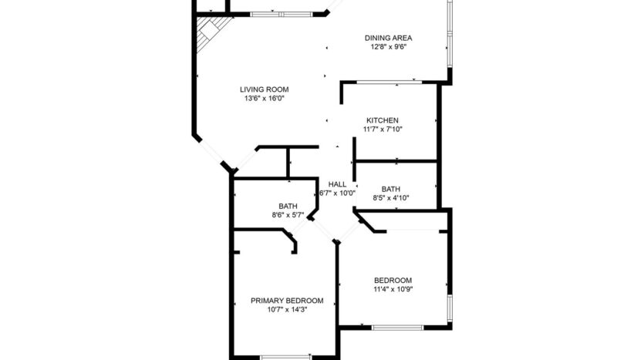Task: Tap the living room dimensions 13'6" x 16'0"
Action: click(x=265, y=99)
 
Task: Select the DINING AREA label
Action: click(x=389, y=38)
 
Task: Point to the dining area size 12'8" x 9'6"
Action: click(x=388, y=46)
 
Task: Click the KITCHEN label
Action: click(x=383, y=120)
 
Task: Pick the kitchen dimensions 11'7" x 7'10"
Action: click(x=383, y=130)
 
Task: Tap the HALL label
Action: click(x=338, y=184)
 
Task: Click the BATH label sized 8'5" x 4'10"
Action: click(x=391, y=189)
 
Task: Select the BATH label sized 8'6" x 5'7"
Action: click(x=288, y=206)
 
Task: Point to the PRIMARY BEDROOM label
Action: click(x=287, y=301)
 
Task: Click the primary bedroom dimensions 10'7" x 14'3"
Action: click(x=287, y=310)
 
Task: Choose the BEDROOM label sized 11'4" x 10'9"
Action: click(x=393, y=281)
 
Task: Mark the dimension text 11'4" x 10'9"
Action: click(x=393, y=290)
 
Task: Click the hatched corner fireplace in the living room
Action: click(x=210, y=35)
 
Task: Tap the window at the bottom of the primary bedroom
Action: click(x=285, y=356)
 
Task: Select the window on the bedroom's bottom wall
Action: click(x=397, y=328)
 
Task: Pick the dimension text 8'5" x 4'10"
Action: click(x=391, y=198)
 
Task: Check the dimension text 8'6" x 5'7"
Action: click(x=288, y=215)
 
